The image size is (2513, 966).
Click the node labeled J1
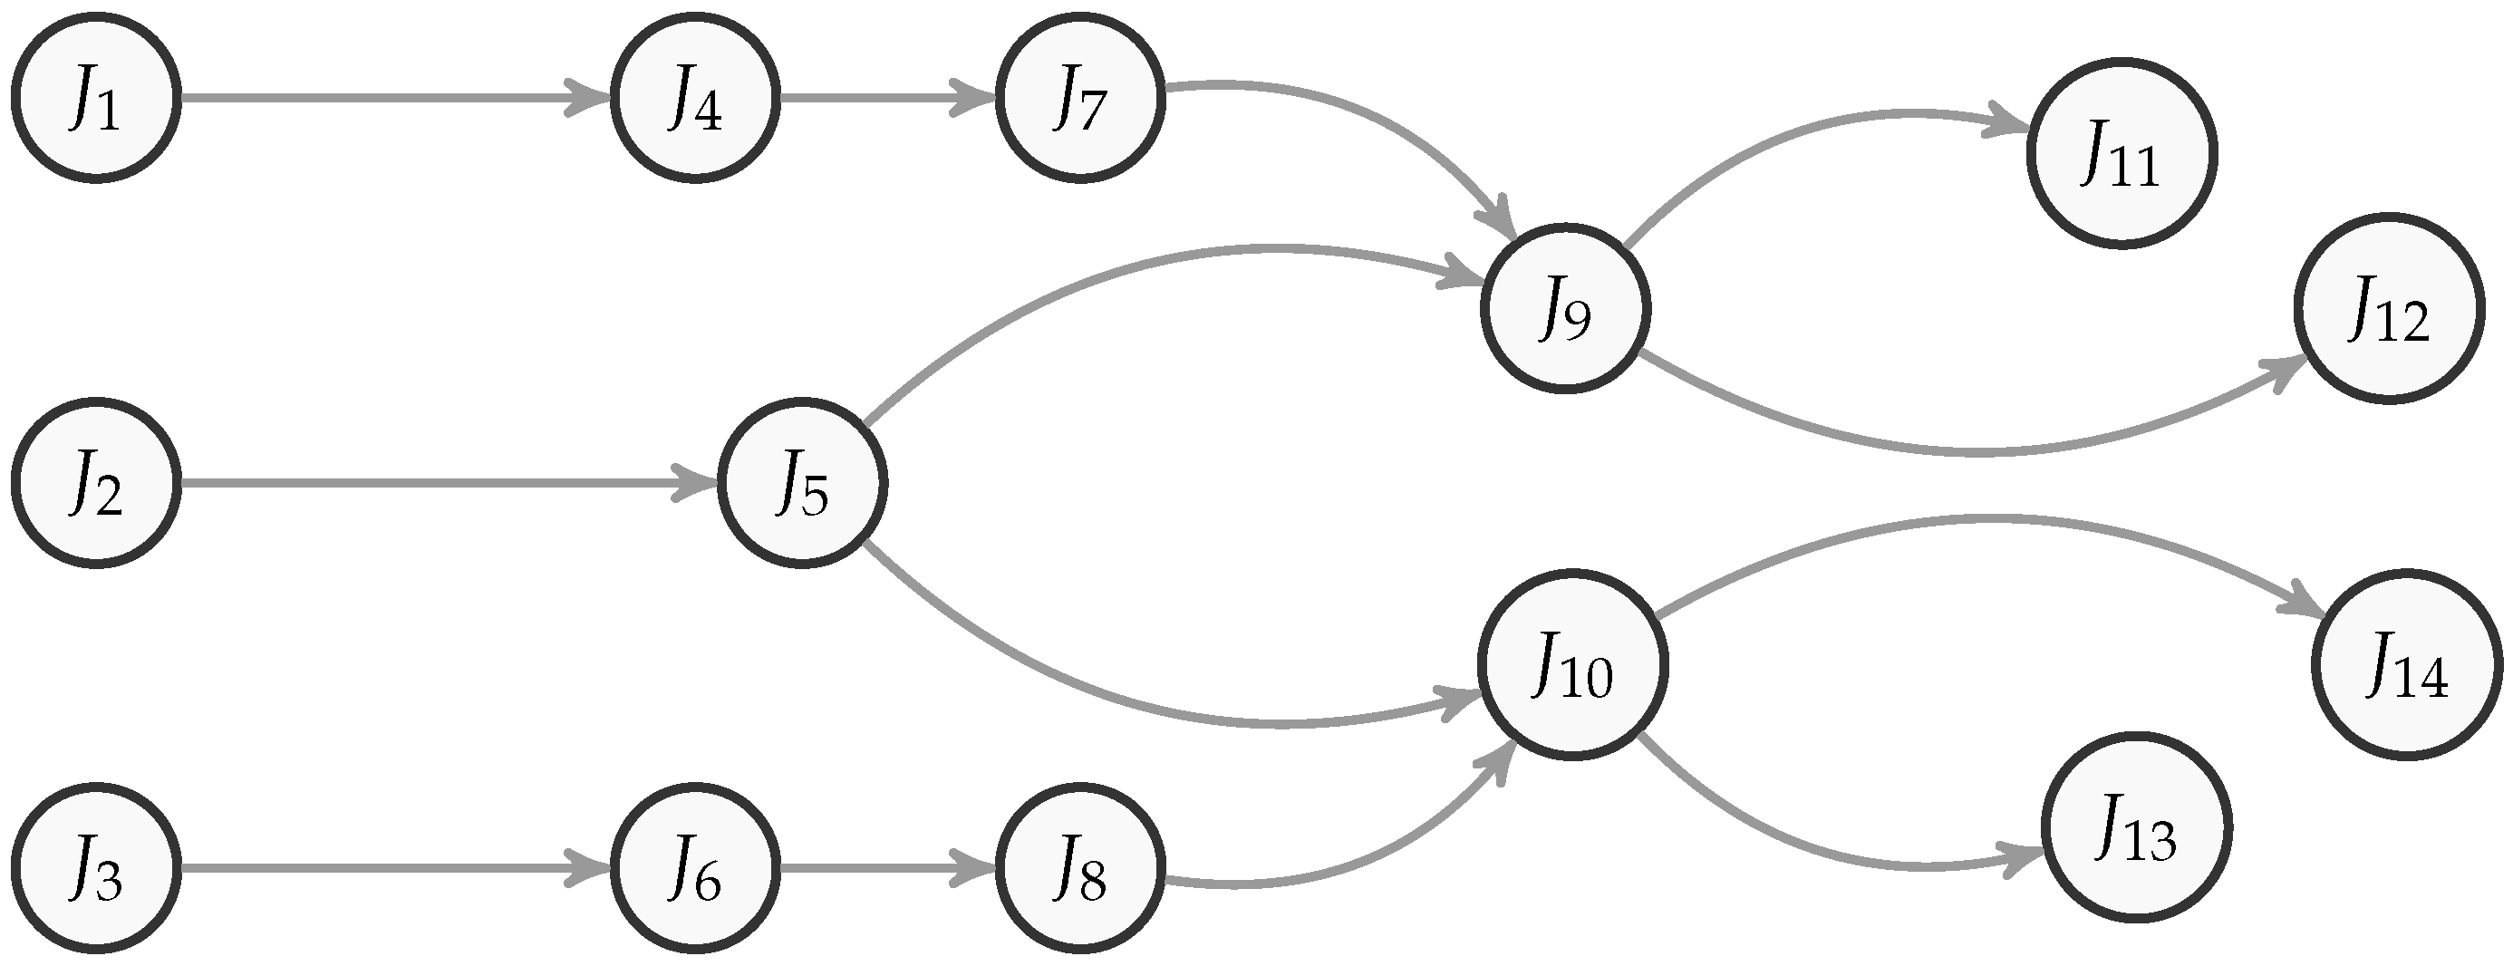[x=95, y=98]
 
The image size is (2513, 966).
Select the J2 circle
[x=95, y=482]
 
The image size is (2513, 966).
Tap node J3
[x=95, y=867]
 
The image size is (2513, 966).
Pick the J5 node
[x=802, y=482]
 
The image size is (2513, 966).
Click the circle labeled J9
[x=1565, y=308]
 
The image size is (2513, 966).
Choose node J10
[x=1572, y=665]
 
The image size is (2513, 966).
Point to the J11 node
[x=2122, y=153]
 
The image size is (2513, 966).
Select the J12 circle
[x=2389, y=308]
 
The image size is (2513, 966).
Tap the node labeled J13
[x=2136, y=827]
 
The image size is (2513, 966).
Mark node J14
[x=2407, y=665]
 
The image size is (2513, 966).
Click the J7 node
[x=1080, y=98]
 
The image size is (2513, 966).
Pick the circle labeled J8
[x=1080, y=867]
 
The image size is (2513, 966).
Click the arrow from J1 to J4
[x=391, y=98]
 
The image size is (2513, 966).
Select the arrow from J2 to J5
[x=439, y=482]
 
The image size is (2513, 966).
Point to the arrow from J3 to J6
[x=391, y=867]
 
